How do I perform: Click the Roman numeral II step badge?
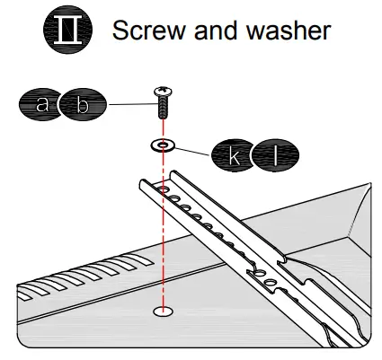coord(68,31)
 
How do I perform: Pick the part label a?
coord(41,105)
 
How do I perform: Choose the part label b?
coord(82,105)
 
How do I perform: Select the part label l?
coord(277,156)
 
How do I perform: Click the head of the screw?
coord(164,92)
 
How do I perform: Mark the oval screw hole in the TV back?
coord(163,312)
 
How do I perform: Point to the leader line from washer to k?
coord(193,149)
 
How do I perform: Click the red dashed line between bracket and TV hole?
coord(163,260)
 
